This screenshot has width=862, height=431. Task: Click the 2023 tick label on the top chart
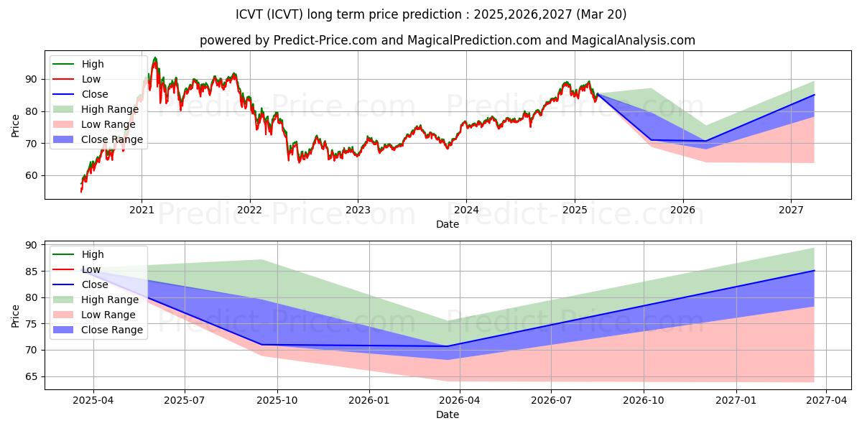pos(358,210)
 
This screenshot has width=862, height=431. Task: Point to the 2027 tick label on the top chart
pos(791,210)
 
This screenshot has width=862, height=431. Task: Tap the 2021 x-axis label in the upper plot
pos(142,210)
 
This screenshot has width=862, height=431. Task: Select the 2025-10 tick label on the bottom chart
pos(277,400)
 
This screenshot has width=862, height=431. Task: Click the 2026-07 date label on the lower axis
pos(551,400)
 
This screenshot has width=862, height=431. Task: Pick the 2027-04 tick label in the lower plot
pos(827,400)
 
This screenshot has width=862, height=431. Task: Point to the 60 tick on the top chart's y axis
pos(31,175)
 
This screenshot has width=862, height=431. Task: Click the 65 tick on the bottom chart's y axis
pos(31,376)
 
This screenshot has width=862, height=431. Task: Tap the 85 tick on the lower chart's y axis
pos(31,272)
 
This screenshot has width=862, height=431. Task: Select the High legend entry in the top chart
pos(78,64)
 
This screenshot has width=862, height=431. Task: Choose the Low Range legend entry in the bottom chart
pos(94,315)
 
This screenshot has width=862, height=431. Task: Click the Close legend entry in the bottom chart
pos(80,284)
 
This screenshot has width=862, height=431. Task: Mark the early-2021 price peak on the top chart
pos(155,57)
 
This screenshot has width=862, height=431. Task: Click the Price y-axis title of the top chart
pos(15,126)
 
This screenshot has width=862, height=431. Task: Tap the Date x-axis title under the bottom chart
pos(448,414)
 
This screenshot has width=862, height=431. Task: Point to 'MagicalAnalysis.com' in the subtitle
pos(634,40)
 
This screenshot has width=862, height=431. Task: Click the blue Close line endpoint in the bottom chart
pos(815,271)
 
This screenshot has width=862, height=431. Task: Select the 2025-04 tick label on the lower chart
pos(93,400)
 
